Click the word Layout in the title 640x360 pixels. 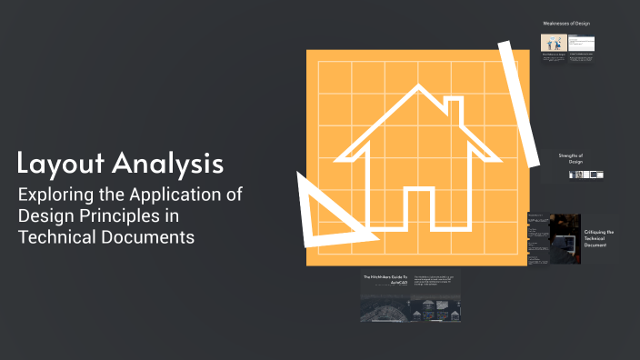pyautogui.click(x=60, y=164)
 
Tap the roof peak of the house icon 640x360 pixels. pyautogui.click(x=417, y=90)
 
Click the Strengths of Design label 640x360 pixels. pyautogui.click(x=571, y=160)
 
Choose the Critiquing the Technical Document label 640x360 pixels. pyautogui.click(x=599, y=238)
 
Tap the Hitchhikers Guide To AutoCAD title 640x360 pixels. pyautogui.click(x=386, y=279)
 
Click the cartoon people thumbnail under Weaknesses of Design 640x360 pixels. pyautogui.click(x=554, y=43)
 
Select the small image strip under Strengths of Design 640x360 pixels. pyautogui.click(x=586, y=175)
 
